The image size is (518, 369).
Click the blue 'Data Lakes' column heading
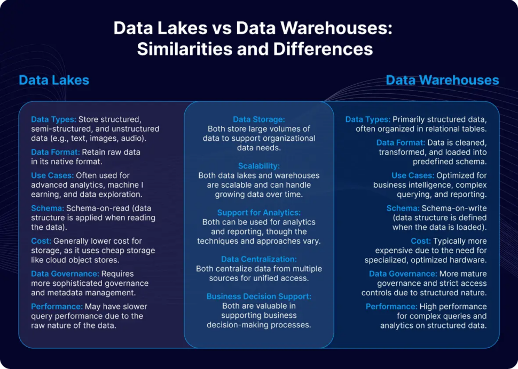54,80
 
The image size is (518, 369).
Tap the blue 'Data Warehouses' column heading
442,80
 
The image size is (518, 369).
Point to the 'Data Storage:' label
258,119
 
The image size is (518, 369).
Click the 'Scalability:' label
258,166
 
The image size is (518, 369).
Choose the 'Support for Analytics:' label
258,213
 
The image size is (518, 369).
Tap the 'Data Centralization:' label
258,259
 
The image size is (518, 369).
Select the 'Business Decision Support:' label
258,296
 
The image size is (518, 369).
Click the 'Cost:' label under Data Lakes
41,241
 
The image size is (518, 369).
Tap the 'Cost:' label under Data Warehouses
421,241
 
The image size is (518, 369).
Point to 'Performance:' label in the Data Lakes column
57,307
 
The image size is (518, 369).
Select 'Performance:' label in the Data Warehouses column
391,307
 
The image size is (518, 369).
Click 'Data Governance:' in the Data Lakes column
65,274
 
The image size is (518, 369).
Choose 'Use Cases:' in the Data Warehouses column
413,175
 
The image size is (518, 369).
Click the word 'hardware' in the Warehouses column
469,260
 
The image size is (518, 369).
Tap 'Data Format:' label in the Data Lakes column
56,153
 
